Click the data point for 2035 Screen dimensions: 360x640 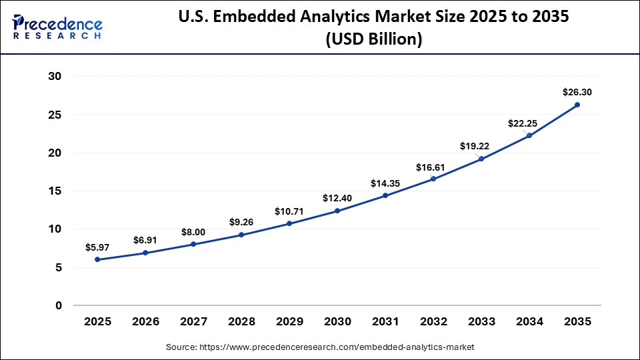(x=577, y=105)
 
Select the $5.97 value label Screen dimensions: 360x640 (x=97, y=247)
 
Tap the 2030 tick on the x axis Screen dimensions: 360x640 (x=337, y=321)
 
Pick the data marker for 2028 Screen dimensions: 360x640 (x=241, y=235)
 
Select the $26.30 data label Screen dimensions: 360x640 (x=577, y=92)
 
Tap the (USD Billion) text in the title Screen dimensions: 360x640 (x=373, y=39)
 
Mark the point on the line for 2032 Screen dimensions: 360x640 (x=433, y=179)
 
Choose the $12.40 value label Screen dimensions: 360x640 (x=337, y=198)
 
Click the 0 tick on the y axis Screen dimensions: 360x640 (x=58, y=305)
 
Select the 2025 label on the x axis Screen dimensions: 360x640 (x=97, y=321)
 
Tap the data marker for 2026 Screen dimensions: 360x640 (x=145, y=253)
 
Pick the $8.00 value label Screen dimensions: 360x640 (x=193, y=231)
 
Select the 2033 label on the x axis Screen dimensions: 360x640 (x=481, y=321)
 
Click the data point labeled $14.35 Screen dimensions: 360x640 (x=385, y=195)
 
